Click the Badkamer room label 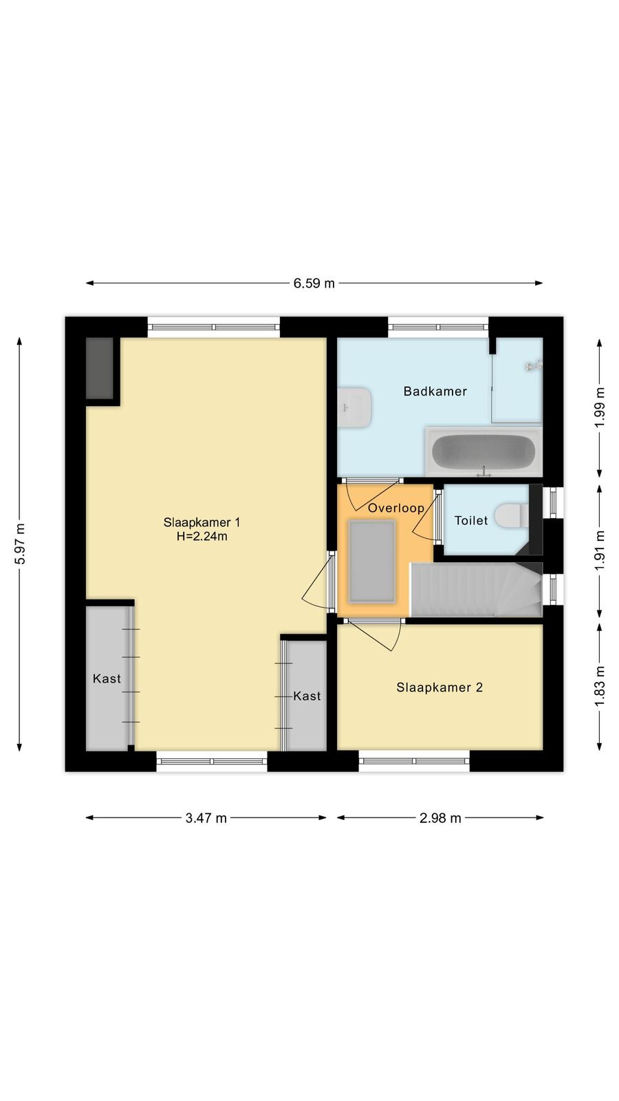tap(435, 392)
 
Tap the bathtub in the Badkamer tap(484, 451)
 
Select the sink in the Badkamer tap(354, 407)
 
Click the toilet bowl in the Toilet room tap(512, 515)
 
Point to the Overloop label tap(396, 508)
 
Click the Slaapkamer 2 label tap(439, 687)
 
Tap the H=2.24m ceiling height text tap(202, 536)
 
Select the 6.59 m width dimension tap(314, 283)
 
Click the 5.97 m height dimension tap(20, 544)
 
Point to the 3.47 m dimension tap(206, 818)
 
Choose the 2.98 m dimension tap(440, 818)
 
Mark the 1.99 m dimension tap(599, 407)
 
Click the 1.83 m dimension tap(599, 687)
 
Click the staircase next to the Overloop tap(476, 589)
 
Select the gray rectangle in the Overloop tap(372, 562)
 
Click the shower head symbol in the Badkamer tap(532, 366)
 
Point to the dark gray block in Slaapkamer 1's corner tap(100, 368)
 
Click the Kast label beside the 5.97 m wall tap(107, 678)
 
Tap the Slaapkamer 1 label tap(202, 522)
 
